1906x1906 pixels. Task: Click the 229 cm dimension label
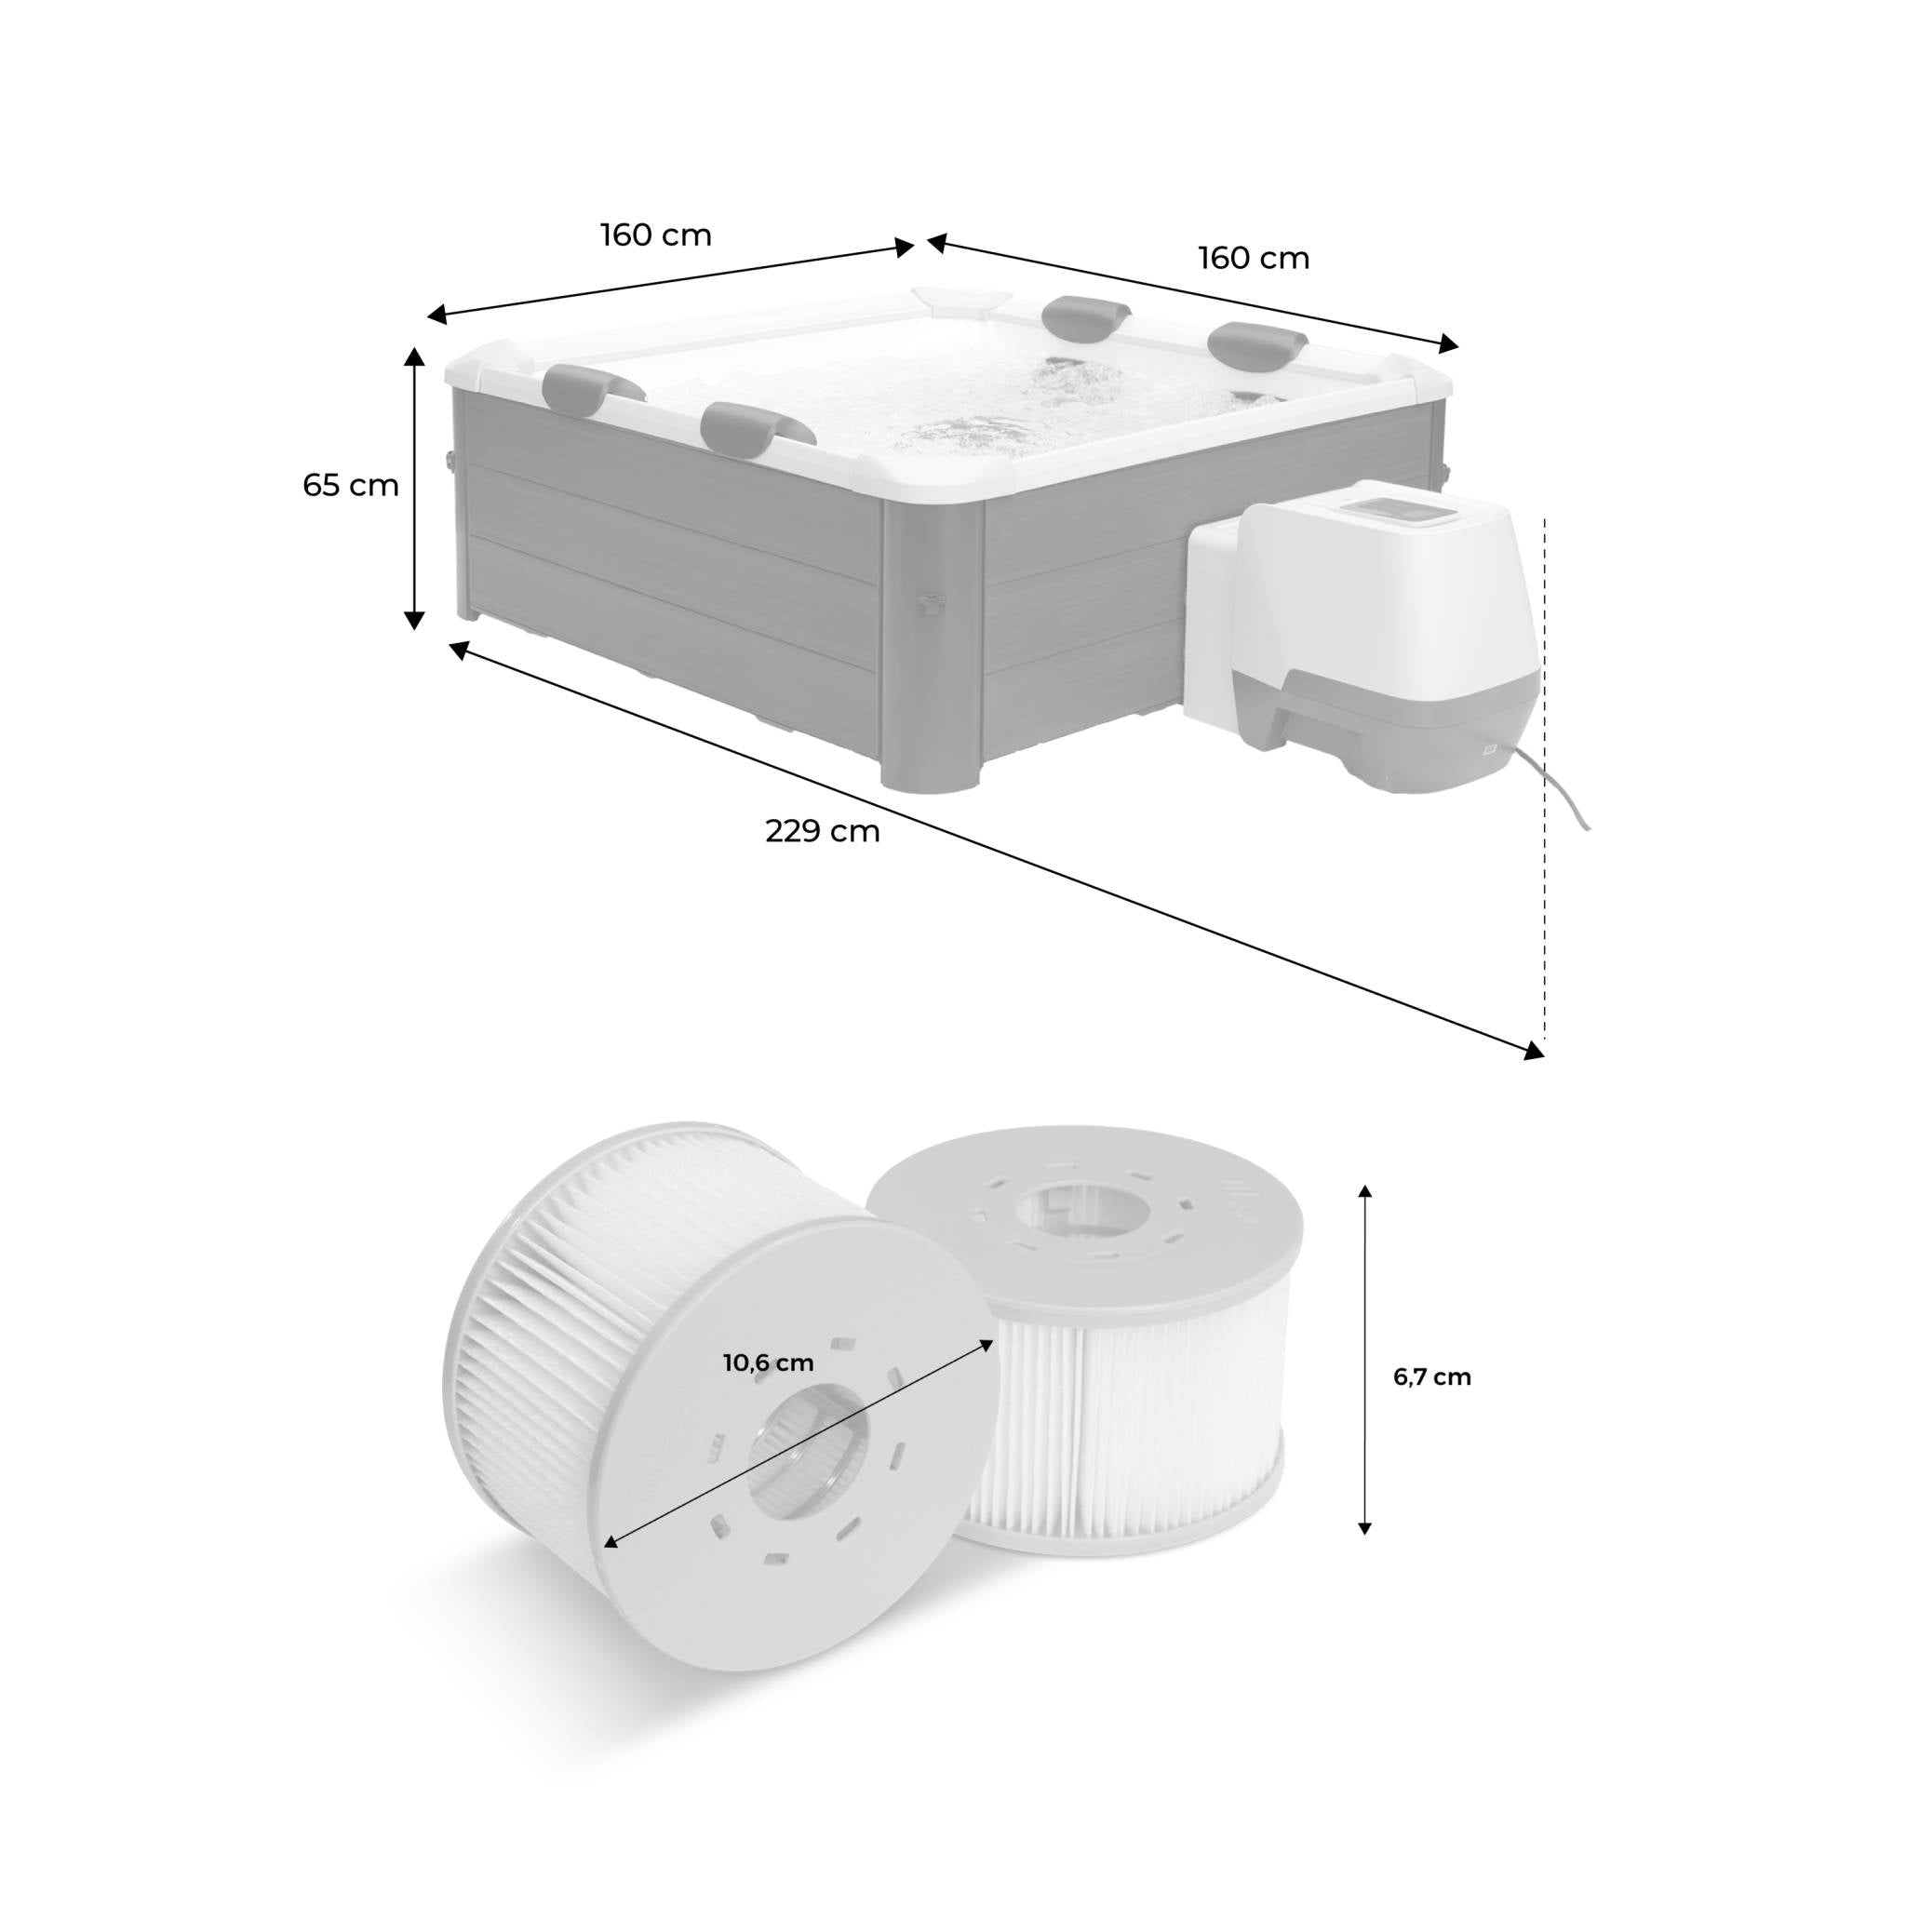tap(822, 832)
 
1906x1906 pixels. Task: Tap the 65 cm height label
tap(351, 486)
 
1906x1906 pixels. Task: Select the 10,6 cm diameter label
tap(769, 1363)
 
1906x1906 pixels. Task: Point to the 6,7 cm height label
tap(1431, 1377)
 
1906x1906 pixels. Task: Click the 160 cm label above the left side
tap(656, 235)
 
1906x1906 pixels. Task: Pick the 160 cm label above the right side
tap(1254, 259)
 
